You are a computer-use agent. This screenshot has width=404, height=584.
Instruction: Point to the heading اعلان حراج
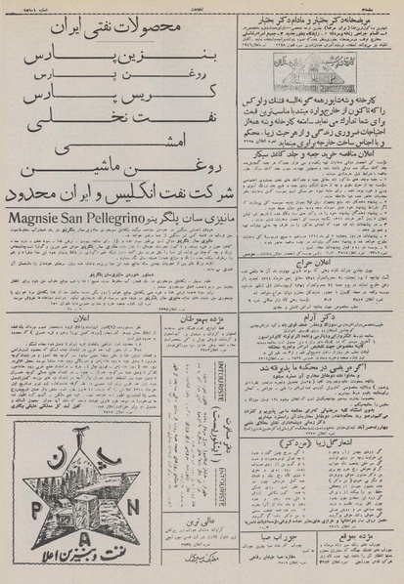pyautogui.click(x=320, y=265)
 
